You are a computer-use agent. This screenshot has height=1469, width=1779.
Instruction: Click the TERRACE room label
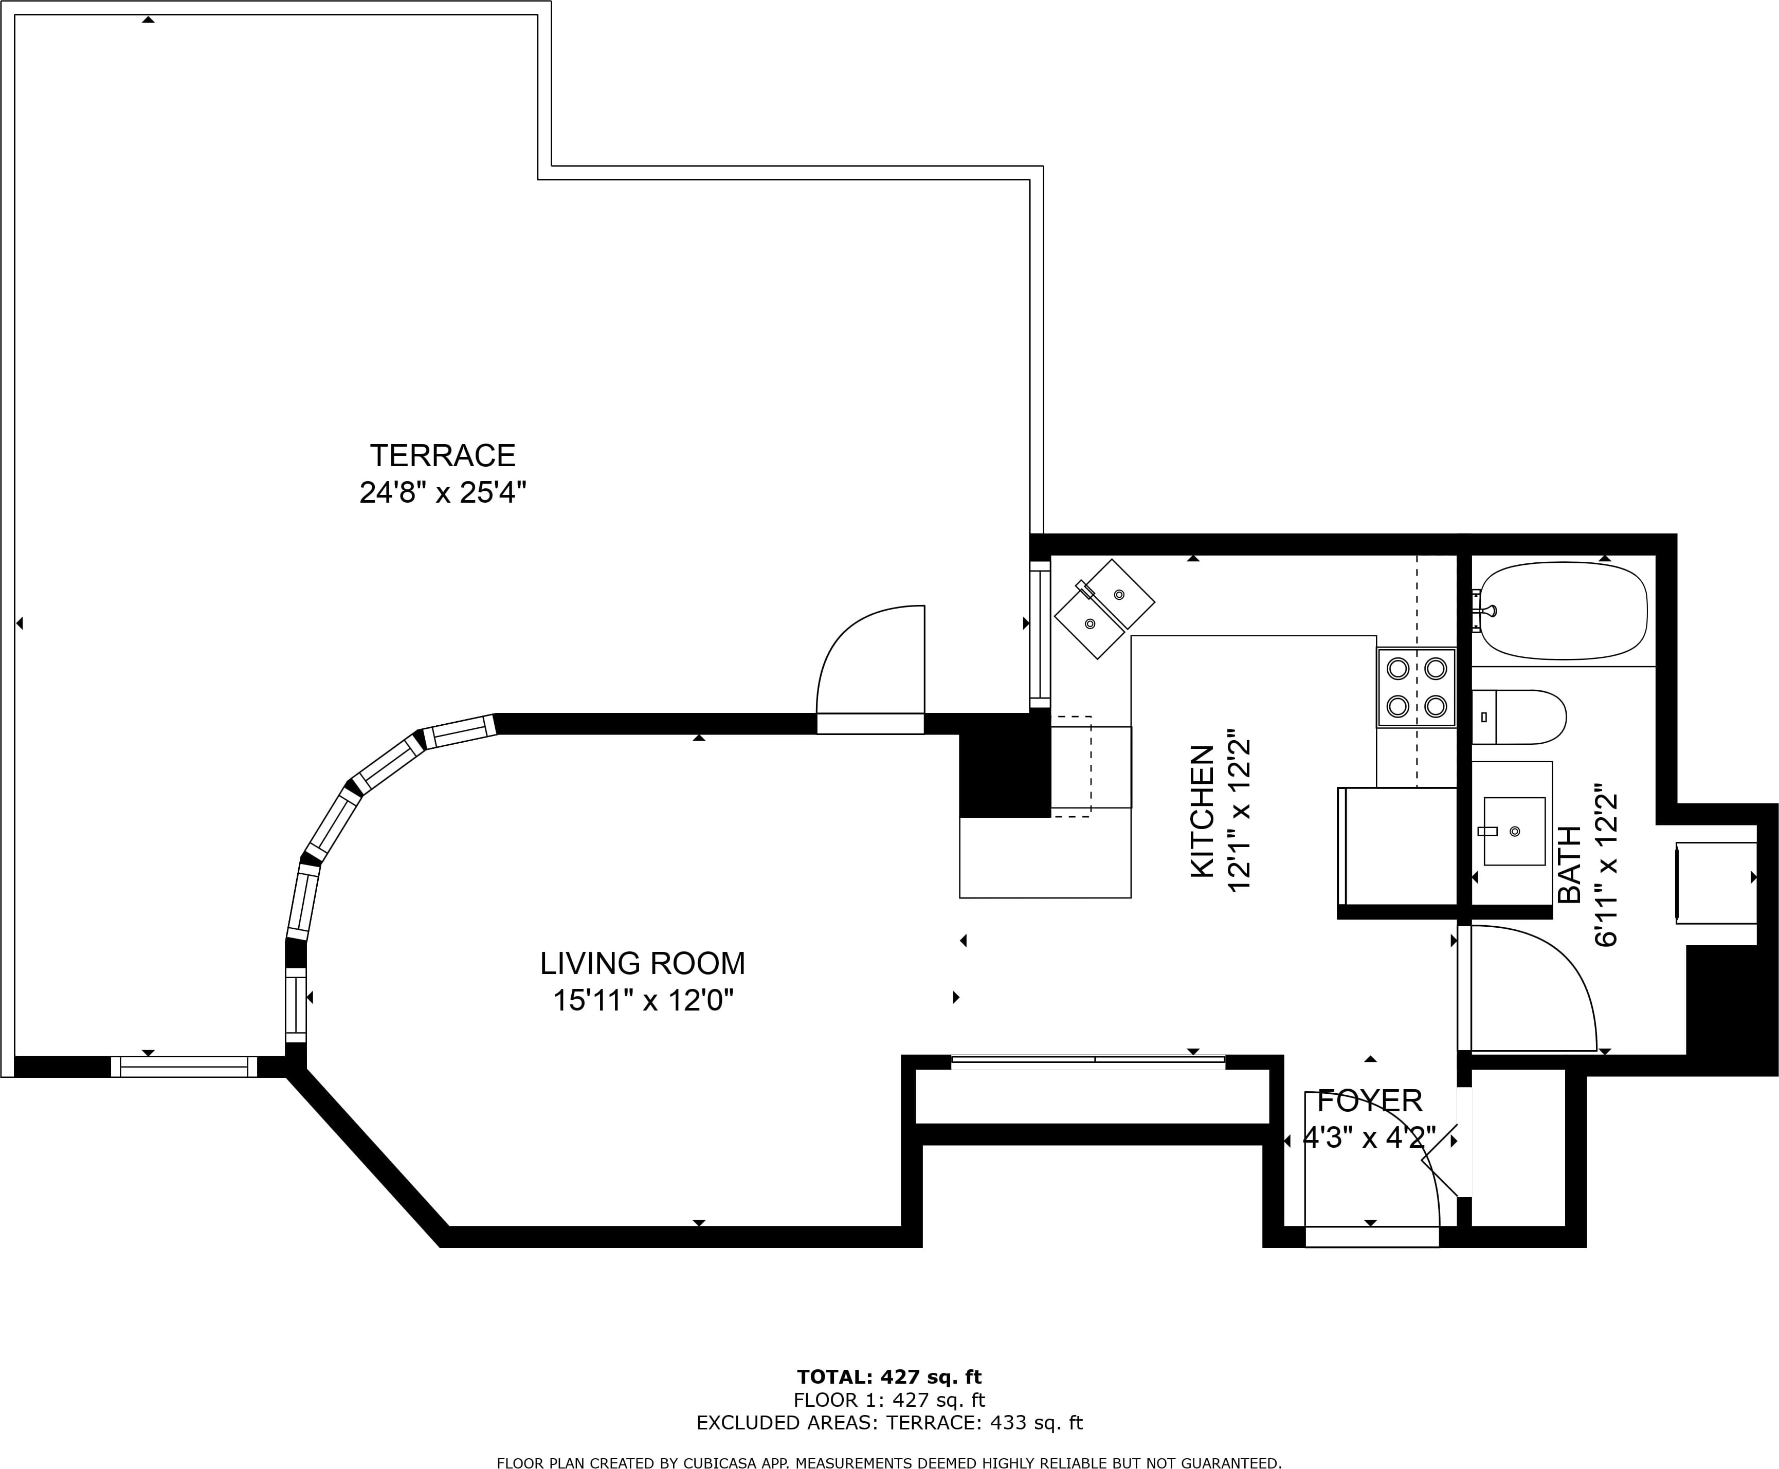[443, 456]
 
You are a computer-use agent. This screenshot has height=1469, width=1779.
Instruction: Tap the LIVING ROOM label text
[642, 964]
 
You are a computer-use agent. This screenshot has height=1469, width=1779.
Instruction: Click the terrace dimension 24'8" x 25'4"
[443, 492]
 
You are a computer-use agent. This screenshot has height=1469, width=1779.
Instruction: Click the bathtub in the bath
[1563, 611]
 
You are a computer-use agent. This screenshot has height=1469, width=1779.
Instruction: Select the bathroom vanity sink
[1514, 831]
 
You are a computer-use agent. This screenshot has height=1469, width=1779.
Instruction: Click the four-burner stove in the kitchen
[1417, 687]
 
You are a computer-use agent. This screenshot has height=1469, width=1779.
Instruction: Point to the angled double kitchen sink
[1103, 609]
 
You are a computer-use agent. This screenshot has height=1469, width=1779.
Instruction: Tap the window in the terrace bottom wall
[184, 1066]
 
